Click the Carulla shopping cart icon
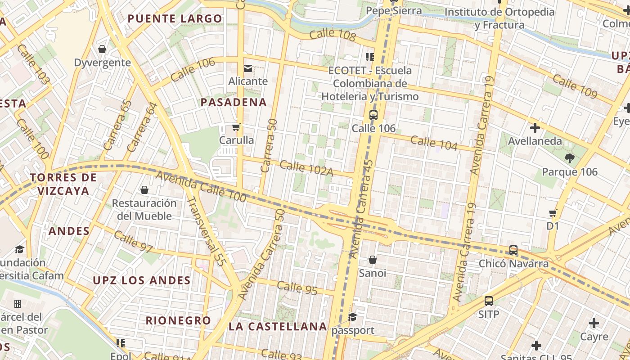pos(236,127)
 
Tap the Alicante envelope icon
pos(247,68)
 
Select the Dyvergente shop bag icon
pos(102,49)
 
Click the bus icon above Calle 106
pos(373,115)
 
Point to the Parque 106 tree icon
pos(569,158)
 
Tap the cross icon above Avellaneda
pos(535,128)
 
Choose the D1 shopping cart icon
pos(553,213)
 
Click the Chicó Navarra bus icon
pos(513,250)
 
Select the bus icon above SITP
pos(488,301)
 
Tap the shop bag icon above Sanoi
pos(372,260)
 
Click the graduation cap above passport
pos(352,317)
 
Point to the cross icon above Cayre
pos(594,323)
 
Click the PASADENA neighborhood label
pos(234,102)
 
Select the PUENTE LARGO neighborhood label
pos(175,18)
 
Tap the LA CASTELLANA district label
pos(277,326)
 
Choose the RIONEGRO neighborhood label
pos(178,320)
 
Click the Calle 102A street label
pos(306,168)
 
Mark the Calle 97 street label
pos(133,242)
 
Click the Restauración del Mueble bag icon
pos(144,190)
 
